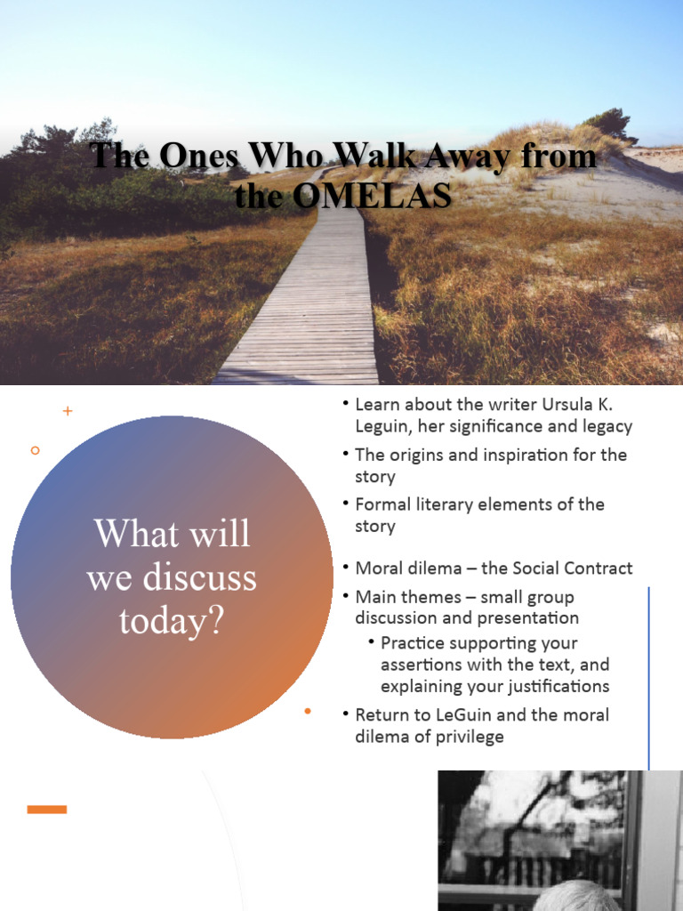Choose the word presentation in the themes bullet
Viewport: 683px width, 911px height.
[x=527, y=617]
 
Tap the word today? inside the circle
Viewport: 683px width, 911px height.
[x=171, y=620]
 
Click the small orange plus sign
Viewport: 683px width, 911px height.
[x=68, y=411]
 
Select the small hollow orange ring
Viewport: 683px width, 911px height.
[x=36, y=450]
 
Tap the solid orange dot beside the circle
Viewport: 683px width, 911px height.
[x=308, y=711]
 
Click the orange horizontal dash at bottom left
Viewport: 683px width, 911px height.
[x=47, y=809]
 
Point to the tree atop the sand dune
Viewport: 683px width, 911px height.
[x=610, y=123]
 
